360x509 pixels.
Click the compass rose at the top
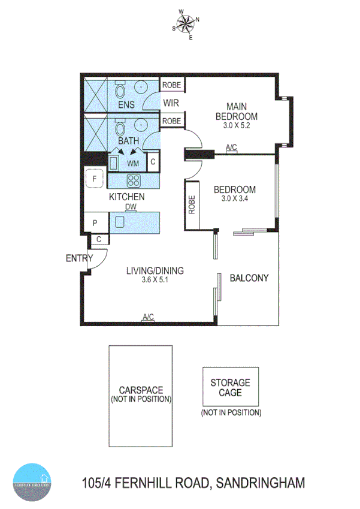point(186,24)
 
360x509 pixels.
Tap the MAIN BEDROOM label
point(237,112)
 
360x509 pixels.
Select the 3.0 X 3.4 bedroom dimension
point(235,198)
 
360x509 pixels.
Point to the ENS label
point(126,106)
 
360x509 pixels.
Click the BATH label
point(128,141)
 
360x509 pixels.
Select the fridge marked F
point(93,178)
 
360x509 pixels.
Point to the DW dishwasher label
point(131,207)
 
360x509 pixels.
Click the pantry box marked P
point(95,222)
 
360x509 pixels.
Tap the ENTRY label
point(78,258)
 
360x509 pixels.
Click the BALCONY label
point(249,278)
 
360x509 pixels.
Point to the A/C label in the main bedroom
point(231,147)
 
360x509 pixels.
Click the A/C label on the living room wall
point(148,317)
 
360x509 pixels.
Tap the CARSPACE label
point(141,390)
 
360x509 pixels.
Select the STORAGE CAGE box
point(231,387)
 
